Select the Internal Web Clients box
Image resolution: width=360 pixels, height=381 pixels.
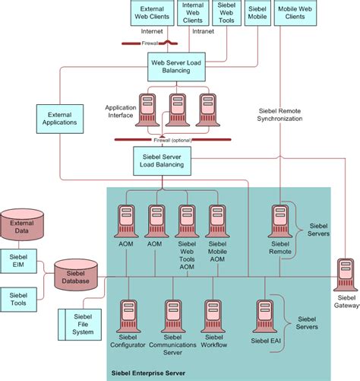pos(194,13)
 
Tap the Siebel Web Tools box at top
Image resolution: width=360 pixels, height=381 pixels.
pos(226,13)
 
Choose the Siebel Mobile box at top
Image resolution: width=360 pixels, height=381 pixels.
pos(257,13)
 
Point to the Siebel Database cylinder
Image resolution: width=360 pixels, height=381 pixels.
pos(76,275)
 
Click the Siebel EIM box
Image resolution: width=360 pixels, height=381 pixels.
pos(17,260)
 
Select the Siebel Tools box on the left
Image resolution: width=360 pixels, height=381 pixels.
pos(17,297)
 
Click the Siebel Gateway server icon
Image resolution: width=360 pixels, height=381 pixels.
pos(346,275)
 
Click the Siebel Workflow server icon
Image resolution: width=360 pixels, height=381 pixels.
pos(213,315)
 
